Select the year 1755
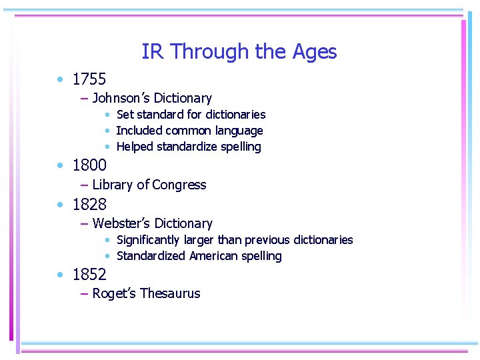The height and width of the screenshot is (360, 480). tap(89, 79)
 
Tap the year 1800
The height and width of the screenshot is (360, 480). tap(89, 164)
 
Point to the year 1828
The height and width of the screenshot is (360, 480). tap(89, 204)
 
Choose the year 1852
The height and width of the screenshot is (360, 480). tap(89, 274)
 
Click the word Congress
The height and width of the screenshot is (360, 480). tap(179, 185)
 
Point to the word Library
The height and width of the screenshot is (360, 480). tap(112, 185)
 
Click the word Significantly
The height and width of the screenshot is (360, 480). tap(148, 240)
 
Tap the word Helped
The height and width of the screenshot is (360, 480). tap(135, 147)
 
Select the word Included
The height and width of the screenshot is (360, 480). tap(139, 131)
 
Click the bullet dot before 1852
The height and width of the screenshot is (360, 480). tap(60, 274)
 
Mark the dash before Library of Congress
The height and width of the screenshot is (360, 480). tap(84, 185)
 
